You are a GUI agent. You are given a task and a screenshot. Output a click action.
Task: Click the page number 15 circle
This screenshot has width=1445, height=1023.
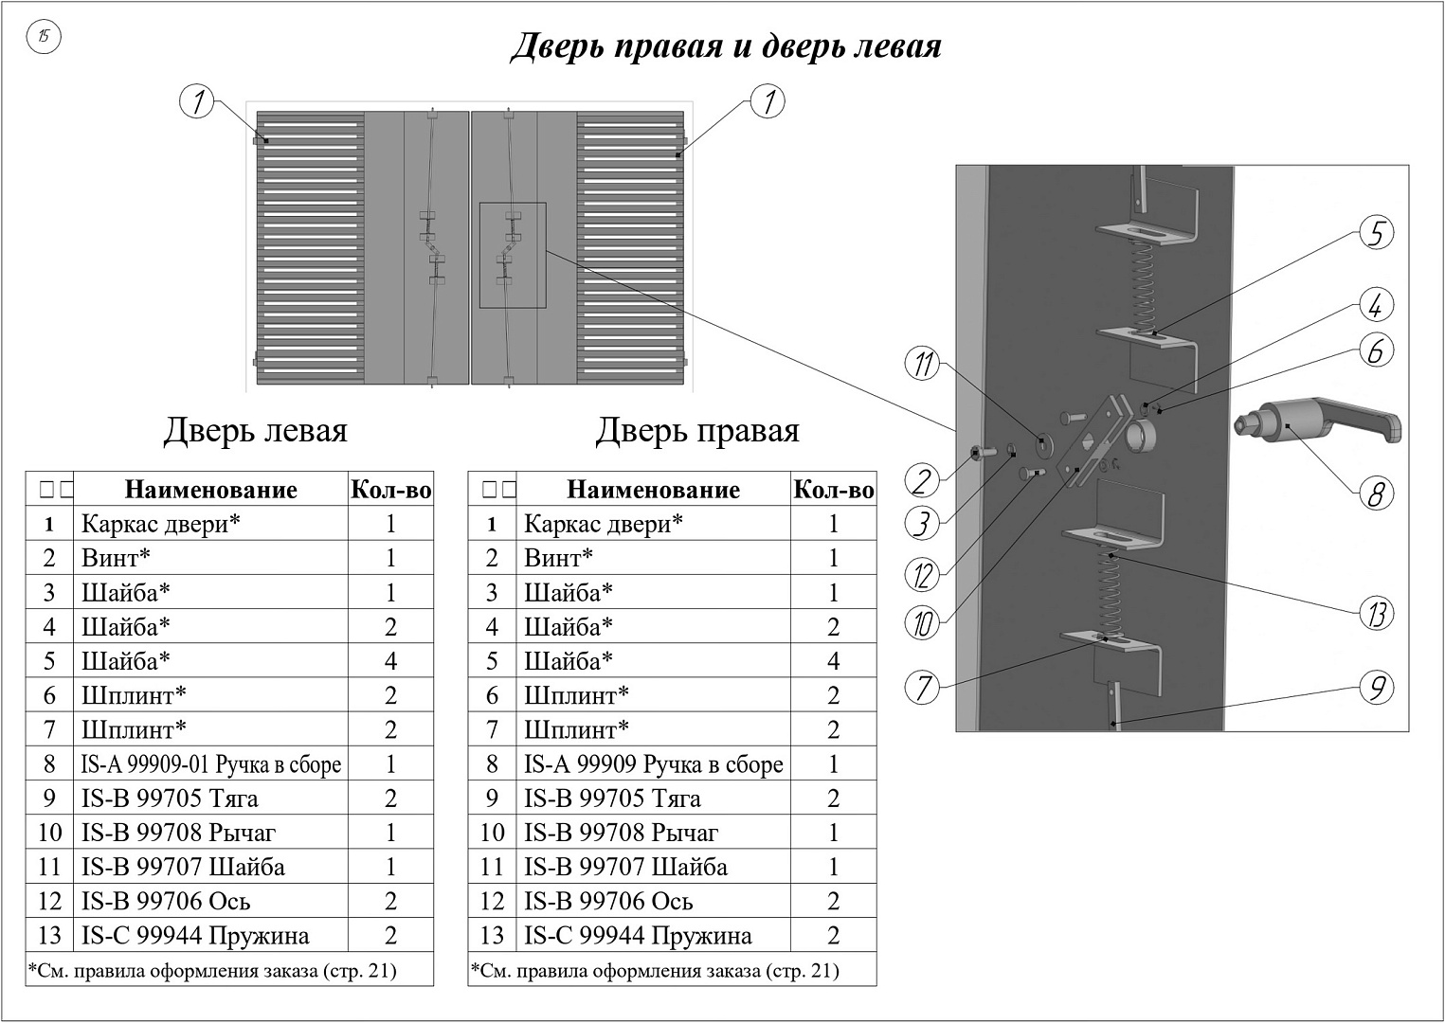click(x=44, y=37)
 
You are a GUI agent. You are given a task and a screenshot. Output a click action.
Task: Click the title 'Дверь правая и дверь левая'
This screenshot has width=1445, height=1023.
click(x=727, y=47)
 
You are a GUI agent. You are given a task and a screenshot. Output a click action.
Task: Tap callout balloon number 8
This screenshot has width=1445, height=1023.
click(x=1375, y=494)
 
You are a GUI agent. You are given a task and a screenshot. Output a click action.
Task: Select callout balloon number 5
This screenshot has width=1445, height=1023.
click(x=1376, y=233)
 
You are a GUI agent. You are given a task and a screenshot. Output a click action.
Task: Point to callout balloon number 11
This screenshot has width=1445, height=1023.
click(x=923, y=363)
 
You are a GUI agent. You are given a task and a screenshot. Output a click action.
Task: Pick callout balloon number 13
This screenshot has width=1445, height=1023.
click(x=1376, y=614)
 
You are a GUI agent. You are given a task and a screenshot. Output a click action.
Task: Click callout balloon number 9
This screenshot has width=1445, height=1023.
click(x=1376, y=688)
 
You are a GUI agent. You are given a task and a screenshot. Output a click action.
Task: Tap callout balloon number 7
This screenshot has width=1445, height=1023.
click(x=923, y=688)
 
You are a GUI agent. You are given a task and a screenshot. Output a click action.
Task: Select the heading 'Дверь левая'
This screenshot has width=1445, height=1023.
click(x=256, y=430)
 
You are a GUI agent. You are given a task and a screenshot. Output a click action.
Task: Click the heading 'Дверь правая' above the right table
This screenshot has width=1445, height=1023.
click(x=697, y=430)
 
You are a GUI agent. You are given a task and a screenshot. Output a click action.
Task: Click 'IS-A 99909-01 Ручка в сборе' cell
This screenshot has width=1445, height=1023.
click(x=211, y=764)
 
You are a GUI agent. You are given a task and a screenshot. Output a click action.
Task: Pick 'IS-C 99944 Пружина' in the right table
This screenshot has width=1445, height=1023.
click(x=638, y=935)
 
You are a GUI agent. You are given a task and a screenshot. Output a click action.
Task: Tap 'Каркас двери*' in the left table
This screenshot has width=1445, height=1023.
click(x=161, y=524)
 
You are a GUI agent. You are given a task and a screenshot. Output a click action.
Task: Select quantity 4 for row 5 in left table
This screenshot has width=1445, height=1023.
click(x=390, y=661)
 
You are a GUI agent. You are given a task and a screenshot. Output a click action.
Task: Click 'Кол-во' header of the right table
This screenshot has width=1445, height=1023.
click(x=834, y=490)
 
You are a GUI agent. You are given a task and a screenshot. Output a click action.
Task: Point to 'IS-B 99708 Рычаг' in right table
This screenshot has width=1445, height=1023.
click(x=621, y=833)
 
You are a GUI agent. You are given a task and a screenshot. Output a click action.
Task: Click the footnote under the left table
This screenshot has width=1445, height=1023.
click(x=212, y=971)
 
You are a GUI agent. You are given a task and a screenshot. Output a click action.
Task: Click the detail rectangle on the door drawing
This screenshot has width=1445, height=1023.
click(x=513, y=256)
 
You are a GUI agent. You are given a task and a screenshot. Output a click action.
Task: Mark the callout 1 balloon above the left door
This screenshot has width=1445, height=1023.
click(x=196, y=102)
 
